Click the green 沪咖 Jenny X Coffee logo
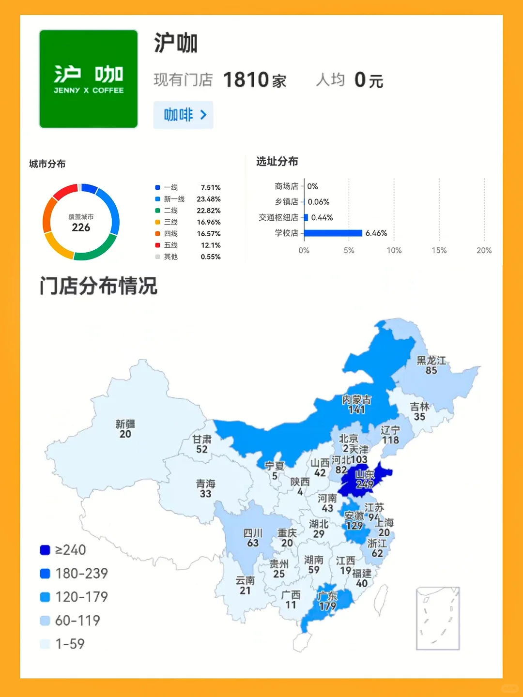click(x=88, y=79)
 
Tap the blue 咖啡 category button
click(x=183, y=115)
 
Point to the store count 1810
click(x=246, y=80)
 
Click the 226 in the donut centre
click(x=81, y=227)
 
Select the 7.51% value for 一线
click(x=211, y=187)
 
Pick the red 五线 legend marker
click(x=157, y=245)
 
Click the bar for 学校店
click(x=333, y=233)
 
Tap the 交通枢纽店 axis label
click(x=278, y=217)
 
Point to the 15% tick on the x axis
click(x=439, y=250)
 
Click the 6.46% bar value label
click(x=376, y=233)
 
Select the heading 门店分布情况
click(x=98, y=286)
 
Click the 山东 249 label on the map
click(x=365, y=479)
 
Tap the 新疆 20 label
click(x=125, y=429)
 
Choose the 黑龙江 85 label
click(x=431, y=365)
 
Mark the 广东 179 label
click(x=327, y=601)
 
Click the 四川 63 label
click(x=253, y=538)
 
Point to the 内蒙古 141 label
click(x=356, y=405)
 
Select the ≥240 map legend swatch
click(x=45, y=550)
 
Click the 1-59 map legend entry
click(x=63, y=644)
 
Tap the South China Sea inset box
click(x=438, y=618)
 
